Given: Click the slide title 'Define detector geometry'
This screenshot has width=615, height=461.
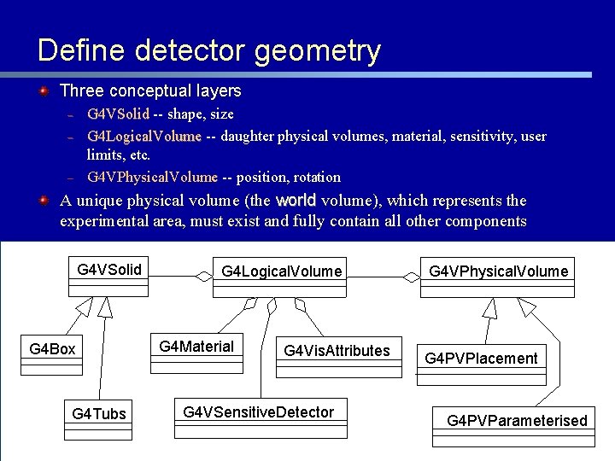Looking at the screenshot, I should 208,50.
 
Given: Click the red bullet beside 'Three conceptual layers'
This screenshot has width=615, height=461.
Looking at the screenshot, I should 44,90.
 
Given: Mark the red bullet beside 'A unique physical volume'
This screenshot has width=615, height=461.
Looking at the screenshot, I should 44,201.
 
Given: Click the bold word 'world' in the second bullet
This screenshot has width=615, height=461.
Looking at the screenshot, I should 296,201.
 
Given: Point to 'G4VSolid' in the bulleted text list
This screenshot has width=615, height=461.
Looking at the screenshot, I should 118,114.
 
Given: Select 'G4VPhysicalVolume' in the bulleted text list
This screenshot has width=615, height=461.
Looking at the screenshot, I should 152,178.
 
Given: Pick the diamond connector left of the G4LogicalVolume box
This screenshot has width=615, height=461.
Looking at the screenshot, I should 203,275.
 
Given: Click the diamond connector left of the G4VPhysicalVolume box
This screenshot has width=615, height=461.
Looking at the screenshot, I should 413,275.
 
